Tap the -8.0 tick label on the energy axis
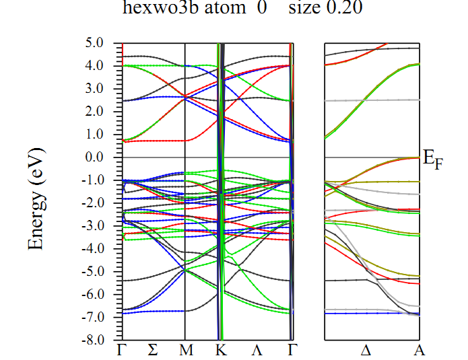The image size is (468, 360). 104,340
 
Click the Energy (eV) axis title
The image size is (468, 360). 37,199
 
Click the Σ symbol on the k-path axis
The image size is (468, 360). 153,351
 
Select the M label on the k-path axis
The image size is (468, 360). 185,351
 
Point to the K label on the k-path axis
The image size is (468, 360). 221,351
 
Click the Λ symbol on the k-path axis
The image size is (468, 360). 256,351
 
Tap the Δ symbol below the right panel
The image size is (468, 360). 366,351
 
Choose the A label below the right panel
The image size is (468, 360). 419,351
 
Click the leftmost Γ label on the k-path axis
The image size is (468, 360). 123,351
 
